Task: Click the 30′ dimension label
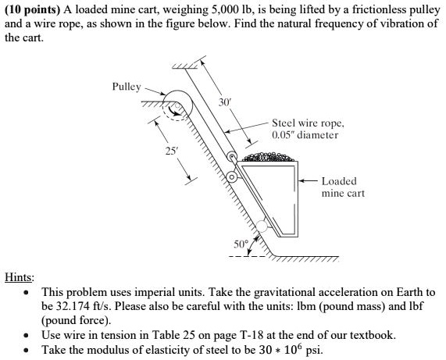tap(224, 102)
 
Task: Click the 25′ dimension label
tap(171, 151)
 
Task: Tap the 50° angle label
tap(241, 244)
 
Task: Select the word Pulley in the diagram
tap(127, 87)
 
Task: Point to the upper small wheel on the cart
tap(232, 156)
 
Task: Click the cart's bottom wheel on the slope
tap(262, 226)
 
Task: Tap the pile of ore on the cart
tap(267, 157)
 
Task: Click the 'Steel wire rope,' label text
tap(308, 123)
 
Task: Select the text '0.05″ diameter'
tap(305, 135)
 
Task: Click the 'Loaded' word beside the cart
tap(339, 181)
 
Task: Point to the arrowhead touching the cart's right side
tap(301, 180)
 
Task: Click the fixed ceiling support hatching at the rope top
tap(184, 66)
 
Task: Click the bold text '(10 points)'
tap(33, 10)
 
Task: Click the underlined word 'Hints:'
tap(20, 276)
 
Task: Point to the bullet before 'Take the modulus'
tap(27, 350)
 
